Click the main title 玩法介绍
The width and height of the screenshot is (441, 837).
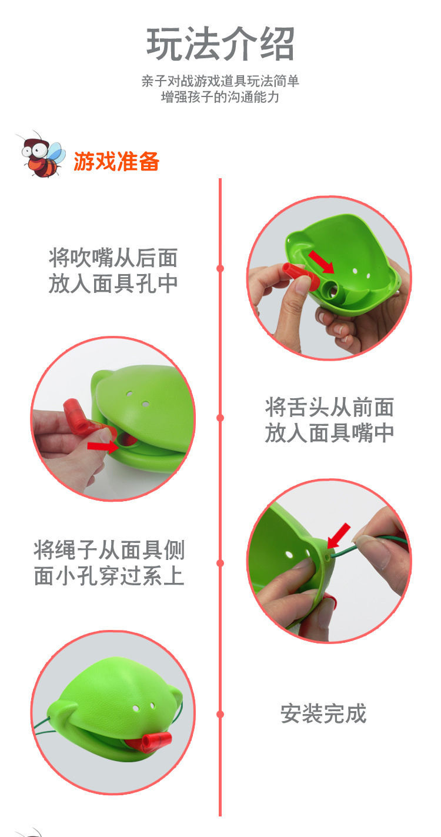pos(220,44)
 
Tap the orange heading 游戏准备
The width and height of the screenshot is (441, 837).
pos(116,161)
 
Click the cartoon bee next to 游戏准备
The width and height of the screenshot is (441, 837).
pos(41,154)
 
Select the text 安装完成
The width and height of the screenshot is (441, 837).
pos(323,714)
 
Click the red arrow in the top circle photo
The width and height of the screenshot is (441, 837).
pos(321,262)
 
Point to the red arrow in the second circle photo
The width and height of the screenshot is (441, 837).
pos(102,445)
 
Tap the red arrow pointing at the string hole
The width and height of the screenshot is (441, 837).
pos(339,535)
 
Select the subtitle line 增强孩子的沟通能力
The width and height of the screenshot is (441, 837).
pos(220,97)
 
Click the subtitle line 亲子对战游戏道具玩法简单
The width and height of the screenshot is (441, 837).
pos(220,81)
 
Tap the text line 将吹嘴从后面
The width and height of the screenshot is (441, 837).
pos(113,258)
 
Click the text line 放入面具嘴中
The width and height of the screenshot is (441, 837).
pos(329,433)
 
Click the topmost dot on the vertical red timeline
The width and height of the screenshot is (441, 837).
pos(220,268)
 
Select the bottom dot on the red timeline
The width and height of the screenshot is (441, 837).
pos(220,715)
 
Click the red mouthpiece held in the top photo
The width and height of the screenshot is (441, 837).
pos(300,276)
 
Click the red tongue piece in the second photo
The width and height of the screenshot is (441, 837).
pos(81,419)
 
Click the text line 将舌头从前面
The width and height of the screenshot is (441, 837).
pos(329,407)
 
